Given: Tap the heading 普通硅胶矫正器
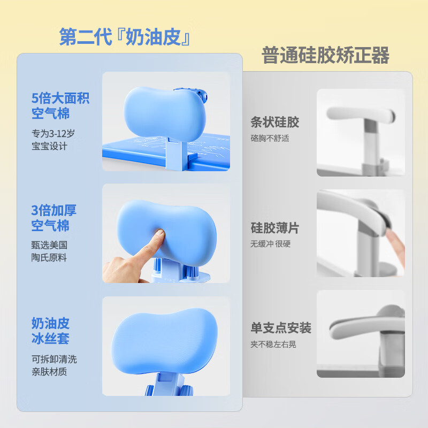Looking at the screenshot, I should (x=325, y=55).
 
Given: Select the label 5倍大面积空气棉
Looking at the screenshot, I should (x=60, y=106).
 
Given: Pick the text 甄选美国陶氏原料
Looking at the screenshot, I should (x=49, y=251).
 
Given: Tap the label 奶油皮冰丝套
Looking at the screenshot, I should (x=50, y=331).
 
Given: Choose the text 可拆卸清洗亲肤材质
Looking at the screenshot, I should (x=53, y=365).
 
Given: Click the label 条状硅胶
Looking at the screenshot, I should (x=274, y=122).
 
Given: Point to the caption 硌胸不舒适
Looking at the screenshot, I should (x=270, y=138).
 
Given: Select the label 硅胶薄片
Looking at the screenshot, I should (x=274, y=228).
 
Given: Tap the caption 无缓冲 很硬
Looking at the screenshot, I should (x=271, y=244).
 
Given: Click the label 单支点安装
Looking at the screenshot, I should (x=281, y=327).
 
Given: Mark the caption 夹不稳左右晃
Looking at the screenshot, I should (x=273, y=344).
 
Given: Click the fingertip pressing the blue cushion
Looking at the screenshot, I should (x=156, y=236).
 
